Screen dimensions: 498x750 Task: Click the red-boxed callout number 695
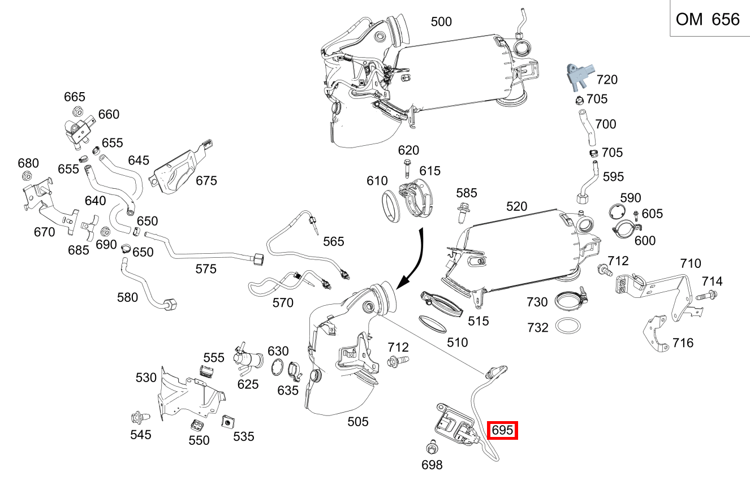(502, 431)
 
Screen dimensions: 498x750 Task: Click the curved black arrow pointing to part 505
(416, 257)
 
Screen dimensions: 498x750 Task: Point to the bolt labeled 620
(407, 168)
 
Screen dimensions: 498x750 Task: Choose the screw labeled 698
(430, 449)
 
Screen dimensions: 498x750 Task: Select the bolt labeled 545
(138, 418)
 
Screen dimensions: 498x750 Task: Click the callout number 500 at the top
(441, 22)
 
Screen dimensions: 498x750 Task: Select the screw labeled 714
(706, 295)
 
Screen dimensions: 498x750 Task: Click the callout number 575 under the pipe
(205, 269)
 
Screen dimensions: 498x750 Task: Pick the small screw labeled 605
(636, 215)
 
